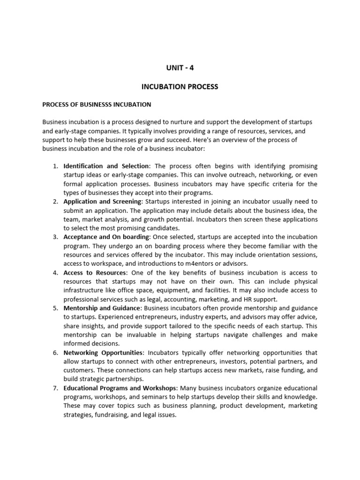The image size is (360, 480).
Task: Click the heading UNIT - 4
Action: click(180, 68)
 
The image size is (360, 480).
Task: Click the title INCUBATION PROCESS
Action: click(180, 87)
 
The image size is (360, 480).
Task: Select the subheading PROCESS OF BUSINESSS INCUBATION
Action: click(97, 104)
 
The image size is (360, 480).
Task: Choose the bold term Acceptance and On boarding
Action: click(106, 237)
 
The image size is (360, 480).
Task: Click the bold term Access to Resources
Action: click(95, 272)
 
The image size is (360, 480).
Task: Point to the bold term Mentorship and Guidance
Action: click(102, 308)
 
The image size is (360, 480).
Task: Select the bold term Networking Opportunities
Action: click(103, 352)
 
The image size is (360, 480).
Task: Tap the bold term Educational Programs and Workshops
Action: click(120, 388)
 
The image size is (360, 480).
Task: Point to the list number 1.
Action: click(54, 166)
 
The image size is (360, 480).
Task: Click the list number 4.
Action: click(54, 272)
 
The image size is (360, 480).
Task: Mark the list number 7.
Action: click(54, 388)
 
